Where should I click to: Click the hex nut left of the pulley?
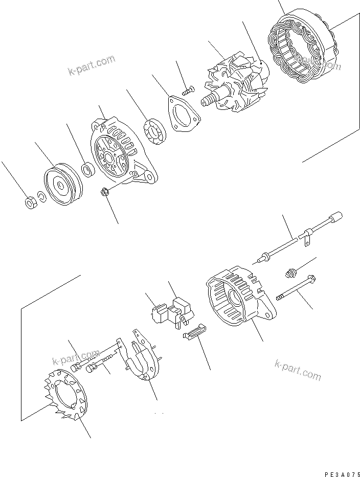pyautogui.click(x=30, y=202)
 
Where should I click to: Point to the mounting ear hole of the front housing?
pyautogui.click(x=150, y=177)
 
